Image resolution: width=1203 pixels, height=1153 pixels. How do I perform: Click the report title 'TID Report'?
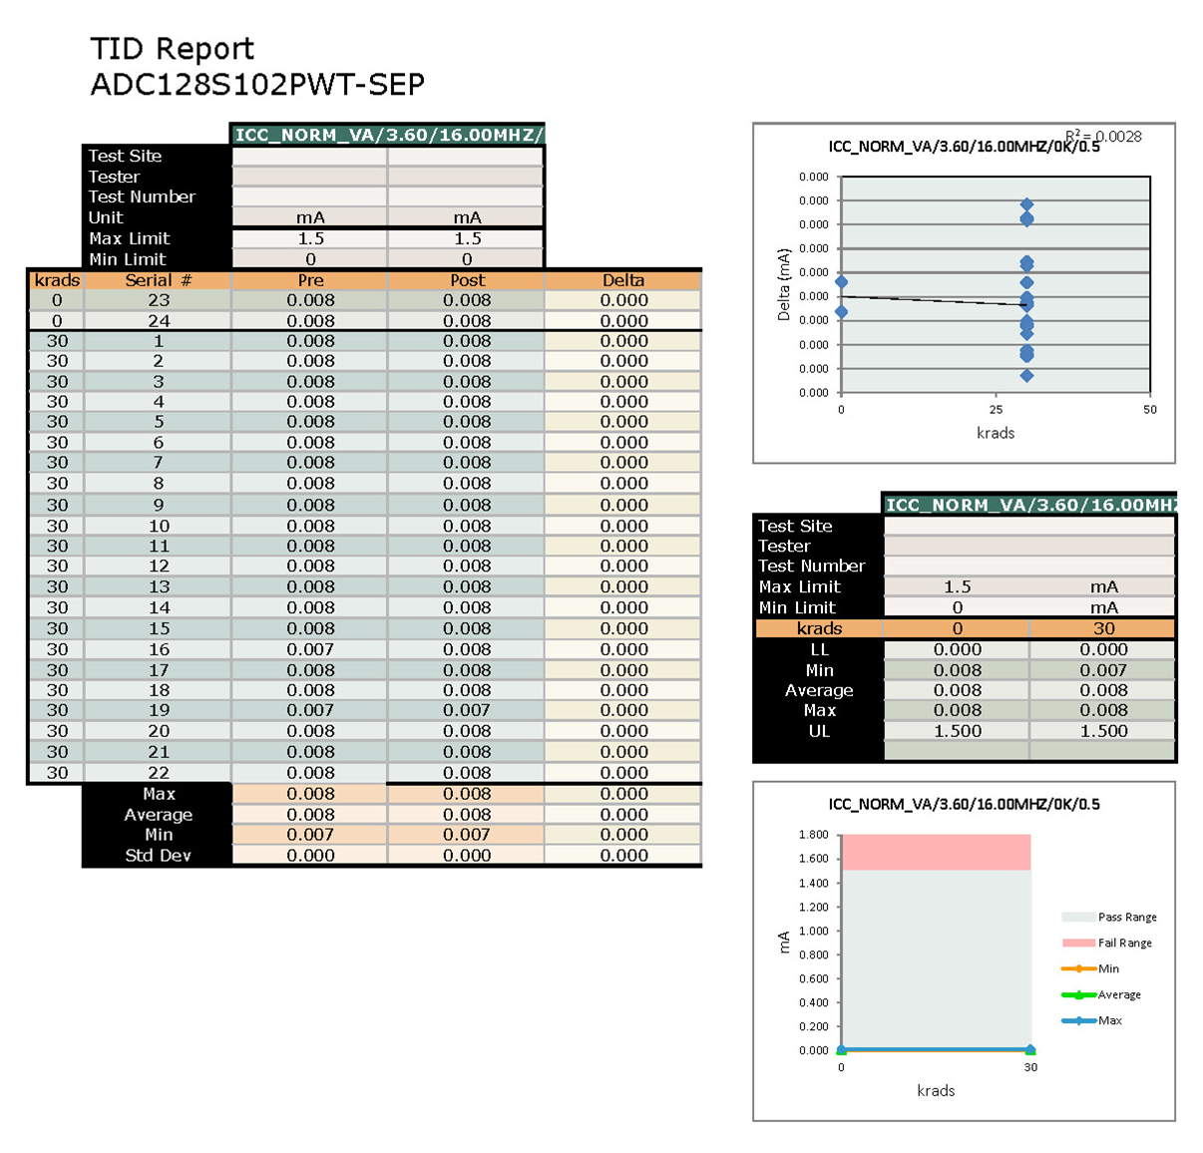click(x=172, y=49)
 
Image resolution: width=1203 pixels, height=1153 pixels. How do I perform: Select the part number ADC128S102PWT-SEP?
click(x=257, y=85)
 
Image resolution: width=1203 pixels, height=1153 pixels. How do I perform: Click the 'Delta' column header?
click(x=623, y=280)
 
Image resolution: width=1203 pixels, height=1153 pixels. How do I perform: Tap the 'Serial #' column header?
click(x=158, y=280)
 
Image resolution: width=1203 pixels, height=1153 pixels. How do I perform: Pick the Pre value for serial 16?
click(x=310, y=649)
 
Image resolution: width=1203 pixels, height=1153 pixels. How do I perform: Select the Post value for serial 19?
click(x=467, y=710)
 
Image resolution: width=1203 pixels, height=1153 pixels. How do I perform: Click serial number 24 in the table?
click(x=159, y=321)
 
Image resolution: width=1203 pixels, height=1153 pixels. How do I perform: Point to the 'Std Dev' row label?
click(x=158, y=856)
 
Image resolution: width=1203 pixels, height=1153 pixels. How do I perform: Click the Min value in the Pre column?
click(x=310, y=835)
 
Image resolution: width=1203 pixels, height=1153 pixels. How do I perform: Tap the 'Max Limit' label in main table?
click(x=129, y=238)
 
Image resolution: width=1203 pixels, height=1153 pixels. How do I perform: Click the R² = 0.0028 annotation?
click(x=1103, y=137)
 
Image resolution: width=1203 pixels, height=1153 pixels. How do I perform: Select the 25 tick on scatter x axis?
click(x=996, y=410)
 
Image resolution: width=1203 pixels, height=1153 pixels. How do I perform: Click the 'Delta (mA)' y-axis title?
click(x=784, y=284)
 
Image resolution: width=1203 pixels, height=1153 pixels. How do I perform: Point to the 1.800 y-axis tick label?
click(x=813, y=835)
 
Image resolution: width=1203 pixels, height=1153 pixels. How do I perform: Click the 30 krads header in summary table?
click(x=1103, y=628)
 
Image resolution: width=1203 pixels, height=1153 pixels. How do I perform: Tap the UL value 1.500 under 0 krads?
click(x=957, y=731)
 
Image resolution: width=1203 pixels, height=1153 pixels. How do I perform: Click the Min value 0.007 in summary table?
click(x=1103, y=670)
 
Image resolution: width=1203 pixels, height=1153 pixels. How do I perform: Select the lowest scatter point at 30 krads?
click(x=1026, y=376)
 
